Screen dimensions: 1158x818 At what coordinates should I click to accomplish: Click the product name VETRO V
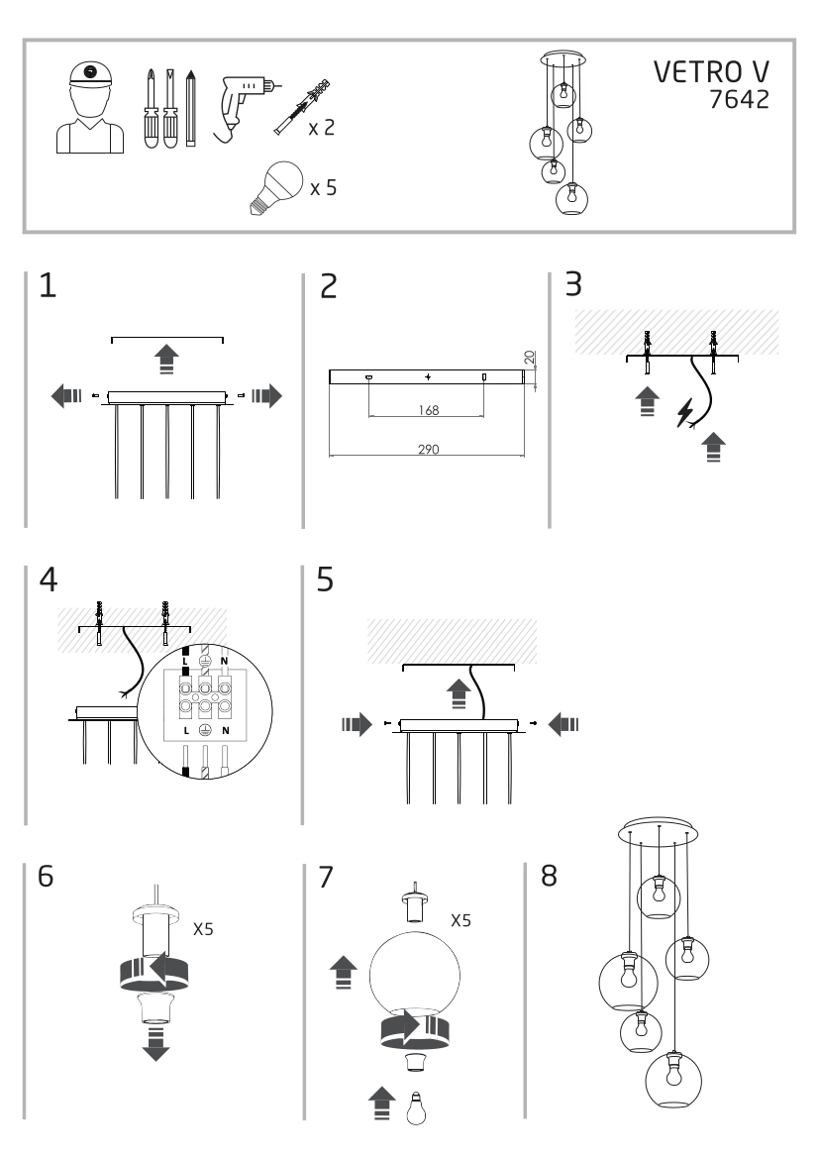(710, 73)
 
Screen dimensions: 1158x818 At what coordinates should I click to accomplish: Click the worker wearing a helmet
(88, 109)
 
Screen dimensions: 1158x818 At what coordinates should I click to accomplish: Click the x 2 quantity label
(321, 129)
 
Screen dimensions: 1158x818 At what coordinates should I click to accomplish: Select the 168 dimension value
(427, 408)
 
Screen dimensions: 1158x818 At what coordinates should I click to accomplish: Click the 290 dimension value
(427, 449)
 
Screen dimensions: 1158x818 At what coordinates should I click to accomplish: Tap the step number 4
(47, 580)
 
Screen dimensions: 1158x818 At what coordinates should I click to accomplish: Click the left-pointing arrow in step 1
(65, 397)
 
